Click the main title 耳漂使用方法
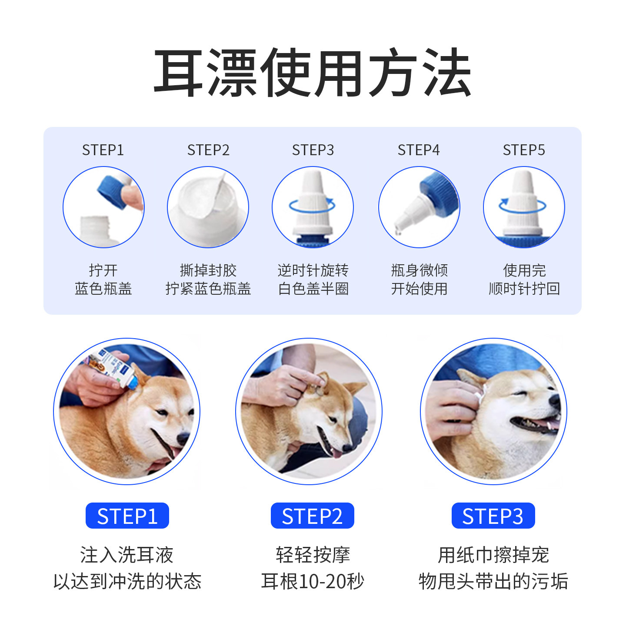click(x=313, y=73)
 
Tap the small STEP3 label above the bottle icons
click(x=313, y=150)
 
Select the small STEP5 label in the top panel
click(x=523, y=150)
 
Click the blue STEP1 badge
click(x=127, y=516)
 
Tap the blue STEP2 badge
click(x=312, y=516)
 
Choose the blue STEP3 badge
click(x=493, y=516)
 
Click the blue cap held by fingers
click(x=112, y=190)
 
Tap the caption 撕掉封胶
click(x=208, y=270)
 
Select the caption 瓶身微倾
click(x=419, y=270)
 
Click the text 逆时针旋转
click(x=313, y=270)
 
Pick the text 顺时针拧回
click(x=524, y=289)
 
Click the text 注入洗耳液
click(x=127, y=555)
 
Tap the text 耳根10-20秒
click(x=312, y=581)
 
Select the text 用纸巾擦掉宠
click(x=493, y=555)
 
